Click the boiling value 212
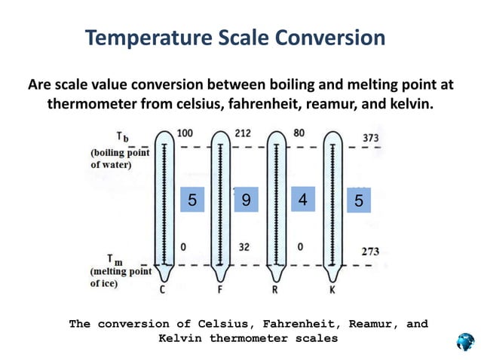[x=243, y=133]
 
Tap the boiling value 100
[x=184, y=133]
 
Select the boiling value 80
[x=299, y=133]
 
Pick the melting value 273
[x=369, y=252]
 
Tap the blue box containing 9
[x=247, y=200]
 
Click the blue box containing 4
[x=302, y=199]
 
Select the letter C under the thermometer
[x=163, y=288]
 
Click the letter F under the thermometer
[x=219, y=288]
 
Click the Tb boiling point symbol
[x=122, y=137]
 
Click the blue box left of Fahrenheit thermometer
[x=192, y=200]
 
